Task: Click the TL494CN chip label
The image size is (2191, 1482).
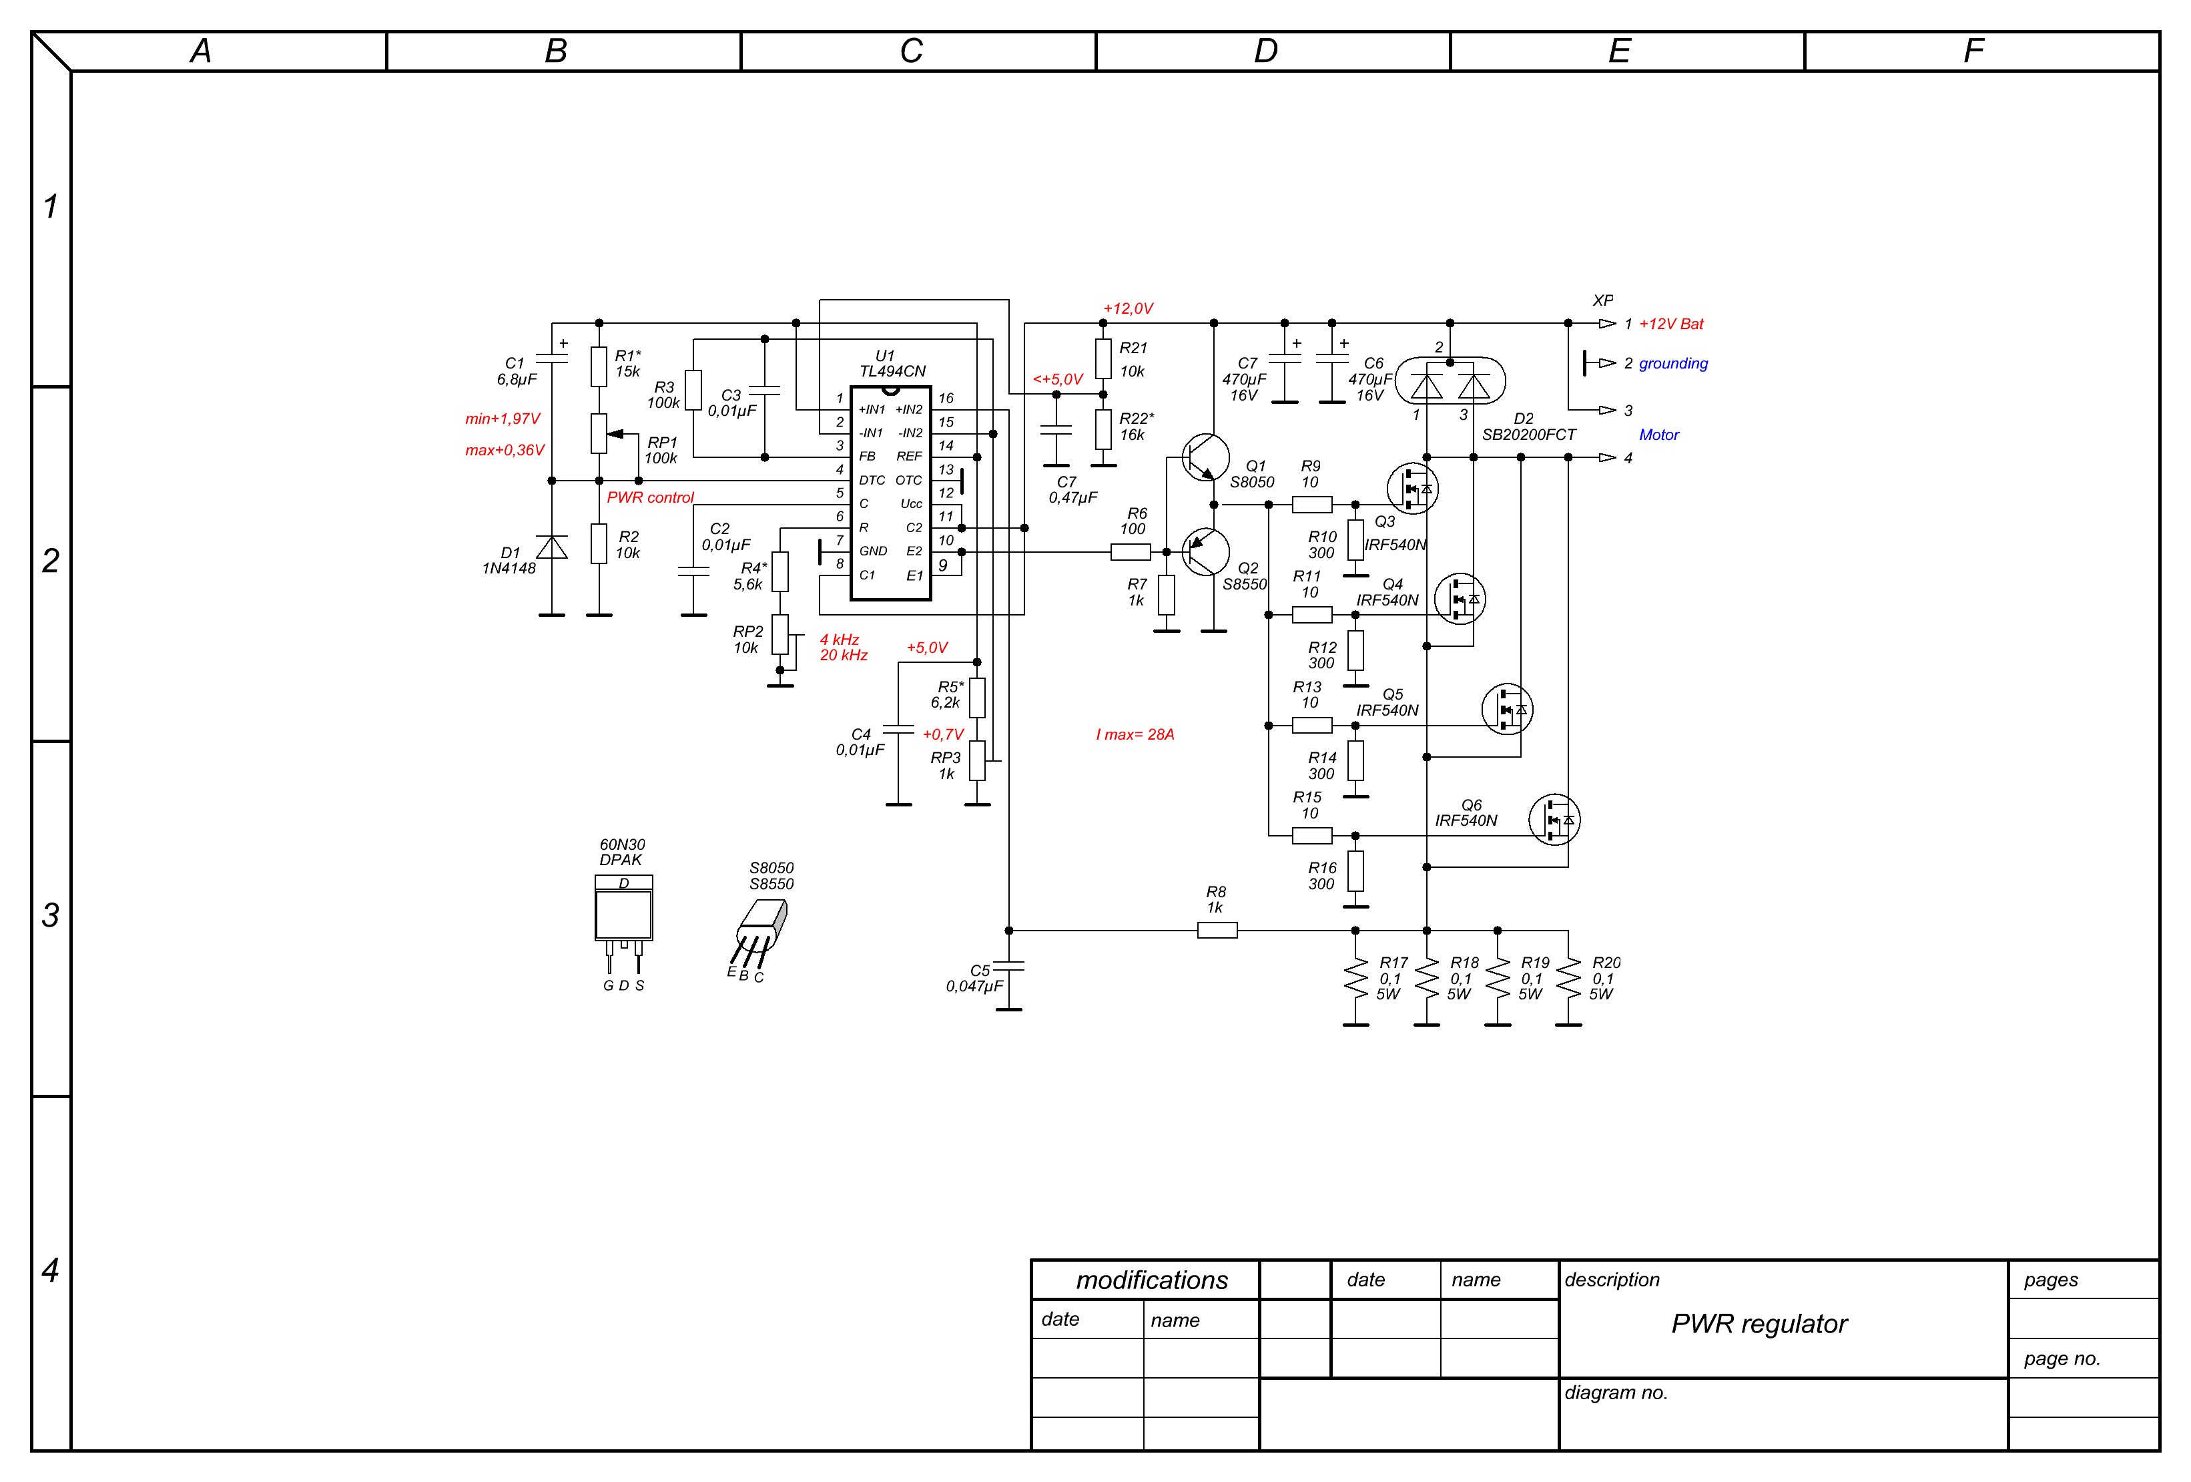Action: pyautogui.click(x=892, y=371)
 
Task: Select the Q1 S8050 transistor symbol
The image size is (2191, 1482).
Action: pyautogui.click(x=1206, y=457)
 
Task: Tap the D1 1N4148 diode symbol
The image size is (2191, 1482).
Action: pyautogui.click(x=551, y=547)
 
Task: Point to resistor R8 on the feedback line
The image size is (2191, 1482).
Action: pyautogui.click(x=1217, y=931)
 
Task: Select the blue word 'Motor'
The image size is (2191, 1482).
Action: pyautogui.click(x=1658, y=435)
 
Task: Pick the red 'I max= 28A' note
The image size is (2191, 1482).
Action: pyautogui.click(x=1135, y=734)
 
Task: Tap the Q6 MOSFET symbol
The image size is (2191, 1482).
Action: pyautogui.click(x=1554, y=819)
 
